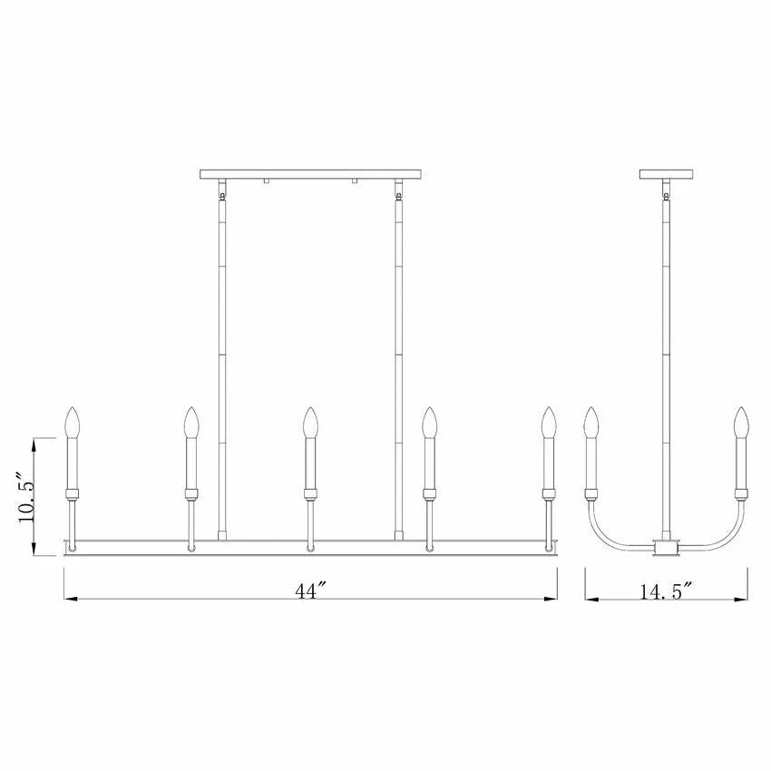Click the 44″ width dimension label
point(311,590)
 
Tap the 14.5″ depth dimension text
point(667,591)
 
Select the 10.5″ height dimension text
point(26,498)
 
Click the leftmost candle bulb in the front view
point(73,423)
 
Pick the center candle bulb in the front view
point(309,423)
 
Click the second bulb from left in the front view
point(191,423)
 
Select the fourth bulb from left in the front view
point(430,423)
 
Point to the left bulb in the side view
point(591,423)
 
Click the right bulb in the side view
point(740,423)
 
